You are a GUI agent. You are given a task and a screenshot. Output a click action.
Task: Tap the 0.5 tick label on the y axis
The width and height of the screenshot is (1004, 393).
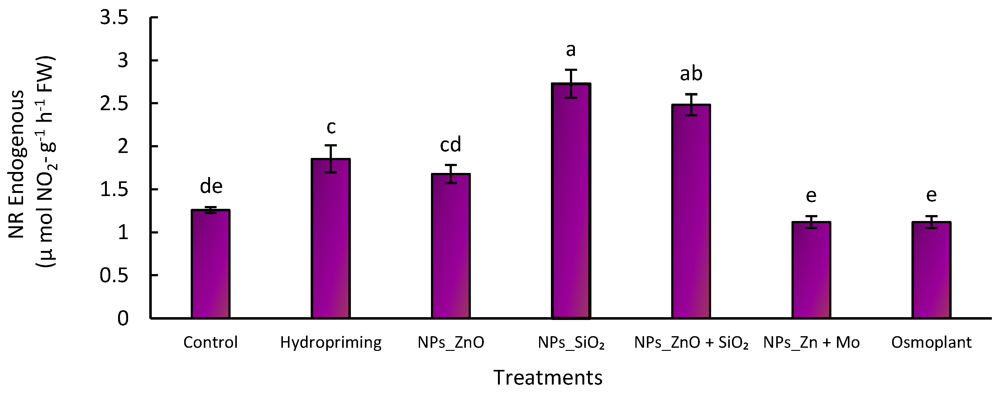click(114, 276)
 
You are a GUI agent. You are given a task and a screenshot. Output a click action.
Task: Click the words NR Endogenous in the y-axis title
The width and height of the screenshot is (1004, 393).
click(17, 164)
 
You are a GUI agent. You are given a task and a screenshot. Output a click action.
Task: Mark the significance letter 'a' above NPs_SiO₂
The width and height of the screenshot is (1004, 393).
click(571, 50)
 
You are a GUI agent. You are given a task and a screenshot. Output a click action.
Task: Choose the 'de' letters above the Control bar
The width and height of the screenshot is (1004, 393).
click(211, 187)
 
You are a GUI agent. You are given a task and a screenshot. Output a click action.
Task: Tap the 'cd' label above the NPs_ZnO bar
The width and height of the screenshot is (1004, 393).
click(451, 145)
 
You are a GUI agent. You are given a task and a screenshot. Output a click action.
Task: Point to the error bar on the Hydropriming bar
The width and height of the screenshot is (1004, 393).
click(331, 159)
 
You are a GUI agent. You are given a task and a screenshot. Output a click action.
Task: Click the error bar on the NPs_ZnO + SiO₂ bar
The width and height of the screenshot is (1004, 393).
click(691, 105)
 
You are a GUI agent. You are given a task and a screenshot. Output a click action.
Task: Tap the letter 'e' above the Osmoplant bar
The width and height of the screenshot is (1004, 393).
click(931, 195)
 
